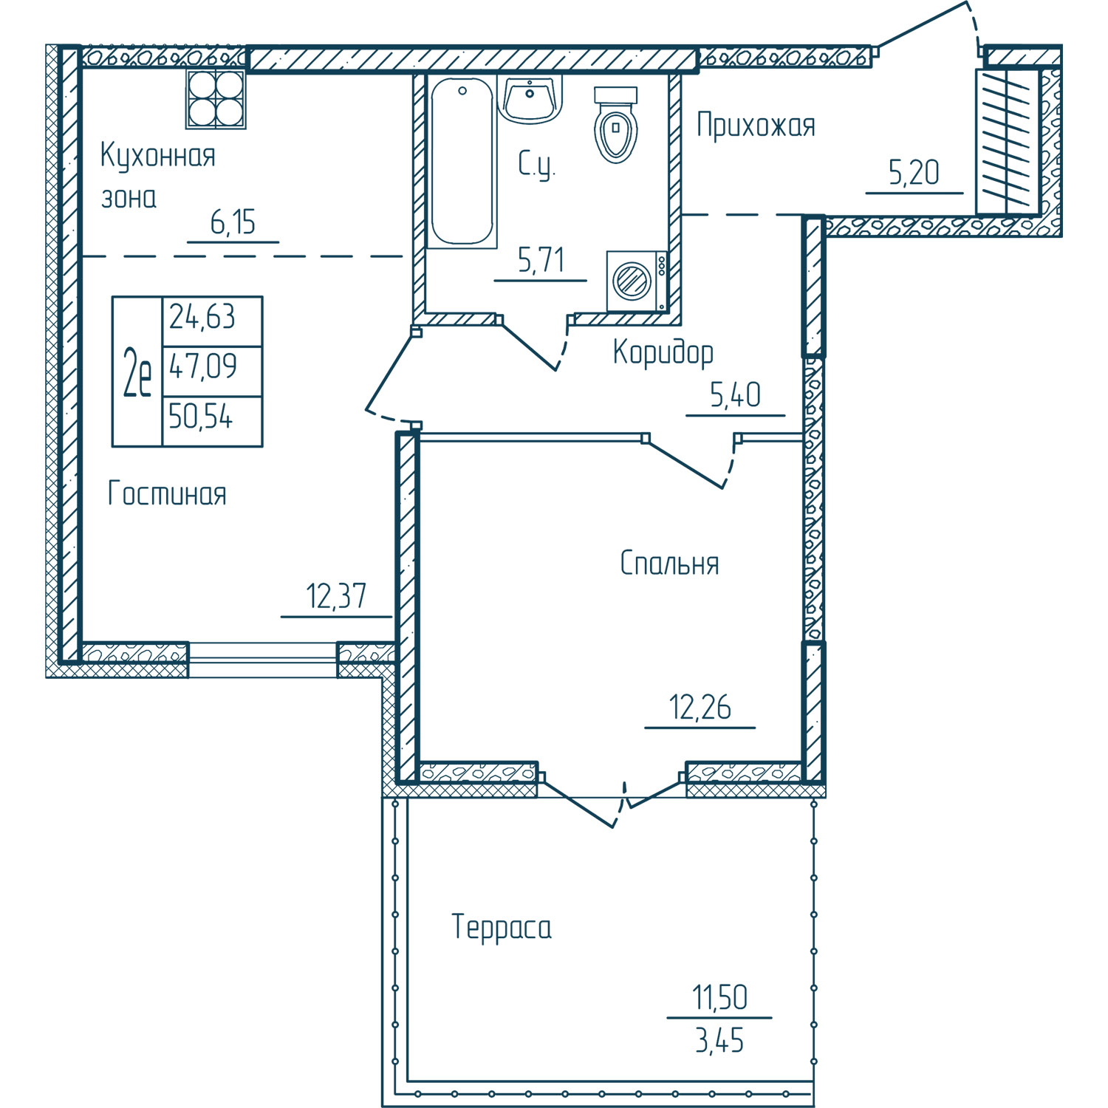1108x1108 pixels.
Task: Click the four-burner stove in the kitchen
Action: [x=216, y=99]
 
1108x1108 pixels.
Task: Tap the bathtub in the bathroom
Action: [x=462, y=162]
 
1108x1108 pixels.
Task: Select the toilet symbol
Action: [x=615, y=124]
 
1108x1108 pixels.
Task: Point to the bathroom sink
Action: [x=530, y=99]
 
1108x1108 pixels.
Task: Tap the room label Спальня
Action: [x=669, y=563]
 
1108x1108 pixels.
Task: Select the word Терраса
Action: [x=502, y=928]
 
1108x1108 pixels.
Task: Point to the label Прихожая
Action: [x=756, y=126]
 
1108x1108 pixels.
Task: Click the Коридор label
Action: [x=663, y=352]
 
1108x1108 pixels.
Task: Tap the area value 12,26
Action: [x=700, y=708]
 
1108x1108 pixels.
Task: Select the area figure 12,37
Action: [x=336, y=596]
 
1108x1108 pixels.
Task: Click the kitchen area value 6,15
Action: [x=233, y=222]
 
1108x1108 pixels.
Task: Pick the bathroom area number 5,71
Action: [x=541, y=260]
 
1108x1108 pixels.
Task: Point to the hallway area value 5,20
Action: [x=914, y=173]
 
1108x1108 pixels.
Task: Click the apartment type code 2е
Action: [x=137, y=372]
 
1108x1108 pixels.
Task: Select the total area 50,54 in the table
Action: [x=200, y=417]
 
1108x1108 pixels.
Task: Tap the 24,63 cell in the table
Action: [x=202, y=317]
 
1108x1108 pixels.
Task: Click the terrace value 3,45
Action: [x=719, y=1041]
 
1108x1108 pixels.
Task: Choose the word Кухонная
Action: [x=157, y=157]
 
